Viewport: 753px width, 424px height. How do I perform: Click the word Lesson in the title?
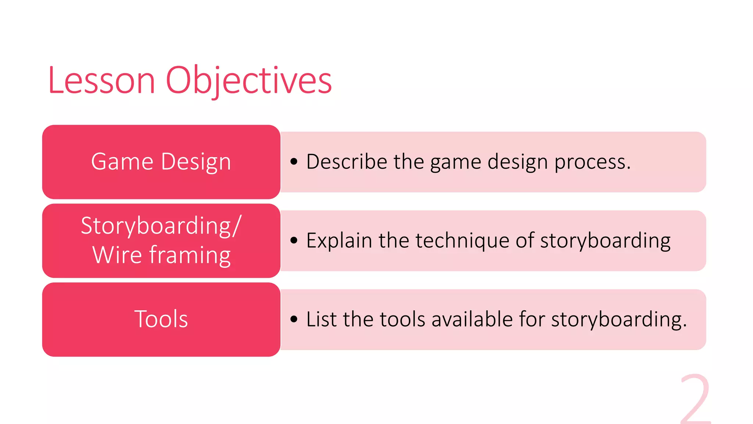(101, 80)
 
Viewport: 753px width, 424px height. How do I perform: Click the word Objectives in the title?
(249, 80)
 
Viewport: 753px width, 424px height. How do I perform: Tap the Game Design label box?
(161, 162)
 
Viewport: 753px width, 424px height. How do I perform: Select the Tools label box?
(161, 319)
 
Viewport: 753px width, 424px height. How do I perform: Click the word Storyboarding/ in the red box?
(161, 226)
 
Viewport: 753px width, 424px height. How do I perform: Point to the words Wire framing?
(161, 255)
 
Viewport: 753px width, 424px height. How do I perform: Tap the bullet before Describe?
(293, 162)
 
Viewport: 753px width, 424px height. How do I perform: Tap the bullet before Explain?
(293, 240)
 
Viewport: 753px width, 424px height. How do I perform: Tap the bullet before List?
(293, 319)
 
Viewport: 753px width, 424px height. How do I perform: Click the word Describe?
(346, 162)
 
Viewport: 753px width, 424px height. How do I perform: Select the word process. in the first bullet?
(592, 162)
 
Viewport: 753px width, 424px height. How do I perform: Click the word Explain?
(339, 241)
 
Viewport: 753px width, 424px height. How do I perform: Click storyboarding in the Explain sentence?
(605, 241)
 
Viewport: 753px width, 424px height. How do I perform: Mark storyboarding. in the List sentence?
(618, 319)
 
